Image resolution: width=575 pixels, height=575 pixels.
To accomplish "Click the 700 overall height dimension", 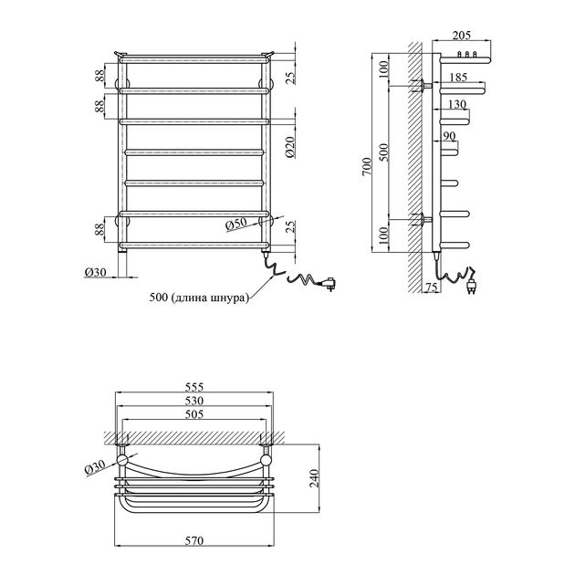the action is pos(368,166).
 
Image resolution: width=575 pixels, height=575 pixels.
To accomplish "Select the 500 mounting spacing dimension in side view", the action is pos(383,152).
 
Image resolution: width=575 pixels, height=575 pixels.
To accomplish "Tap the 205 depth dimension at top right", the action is pos(461,36).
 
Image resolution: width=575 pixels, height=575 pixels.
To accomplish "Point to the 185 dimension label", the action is pos(458,77).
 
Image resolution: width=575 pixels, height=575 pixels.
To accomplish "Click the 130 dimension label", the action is pos(457,105).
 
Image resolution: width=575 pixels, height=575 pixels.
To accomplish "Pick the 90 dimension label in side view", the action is pos(449,136).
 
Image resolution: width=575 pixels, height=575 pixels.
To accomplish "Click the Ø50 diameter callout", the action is pos(236,224).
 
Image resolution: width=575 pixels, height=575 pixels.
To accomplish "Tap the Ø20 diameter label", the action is pos(290,147).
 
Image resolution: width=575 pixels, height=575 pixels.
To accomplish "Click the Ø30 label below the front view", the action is pos(95,272).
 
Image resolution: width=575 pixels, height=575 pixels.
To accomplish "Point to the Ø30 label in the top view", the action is pos(95,467).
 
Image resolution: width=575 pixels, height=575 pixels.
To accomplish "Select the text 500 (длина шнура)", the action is pos(199,298).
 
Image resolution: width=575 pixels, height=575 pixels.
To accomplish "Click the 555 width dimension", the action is pos(194,387).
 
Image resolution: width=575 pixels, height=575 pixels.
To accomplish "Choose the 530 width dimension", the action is pos(194,401).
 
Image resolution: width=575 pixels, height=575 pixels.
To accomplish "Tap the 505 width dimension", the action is pos(194,414).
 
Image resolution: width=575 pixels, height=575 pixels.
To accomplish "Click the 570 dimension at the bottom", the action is pos(194,541).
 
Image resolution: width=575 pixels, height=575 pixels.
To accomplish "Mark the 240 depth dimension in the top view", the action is pos(315,478).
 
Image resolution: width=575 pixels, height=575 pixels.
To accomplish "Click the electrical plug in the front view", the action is pos(329,284).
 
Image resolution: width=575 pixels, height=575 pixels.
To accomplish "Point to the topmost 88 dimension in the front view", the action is pos(99,76).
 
